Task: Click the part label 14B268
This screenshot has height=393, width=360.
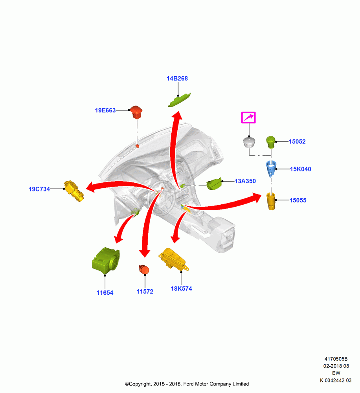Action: [177, 79]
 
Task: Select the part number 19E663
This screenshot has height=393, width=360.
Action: [105, 110]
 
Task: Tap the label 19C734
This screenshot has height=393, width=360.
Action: [39, 189]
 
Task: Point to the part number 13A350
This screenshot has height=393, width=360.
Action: [245, 181]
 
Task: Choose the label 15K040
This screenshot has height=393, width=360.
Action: [301, 169]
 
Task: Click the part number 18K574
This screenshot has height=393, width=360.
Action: [181, 288]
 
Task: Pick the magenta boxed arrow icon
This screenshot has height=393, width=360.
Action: [248, 118]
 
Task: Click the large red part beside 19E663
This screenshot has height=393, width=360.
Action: [136, 112]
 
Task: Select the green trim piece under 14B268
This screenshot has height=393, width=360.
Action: [179, 100]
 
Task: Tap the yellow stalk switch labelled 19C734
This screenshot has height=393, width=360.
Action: [73, 191]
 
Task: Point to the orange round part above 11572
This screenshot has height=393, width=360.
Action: [144, 270]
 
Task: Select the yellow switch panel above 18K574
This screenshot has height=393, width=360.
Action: [174, 260]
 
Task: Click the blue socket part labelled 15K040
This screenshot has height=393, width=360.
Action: [271, 168]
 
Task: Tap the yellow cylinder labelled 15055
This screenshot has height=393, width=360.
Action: [271, 201]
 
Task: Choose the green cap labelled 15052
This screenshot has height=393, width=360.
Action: [271, 142]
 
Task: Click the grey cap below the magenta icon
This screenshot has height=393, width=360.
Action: [249, 142]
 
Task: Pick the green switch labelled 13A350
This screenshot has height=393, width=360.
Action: [214, 184]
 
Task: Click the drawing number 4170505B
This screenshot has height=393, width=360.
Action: [336, 359]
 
